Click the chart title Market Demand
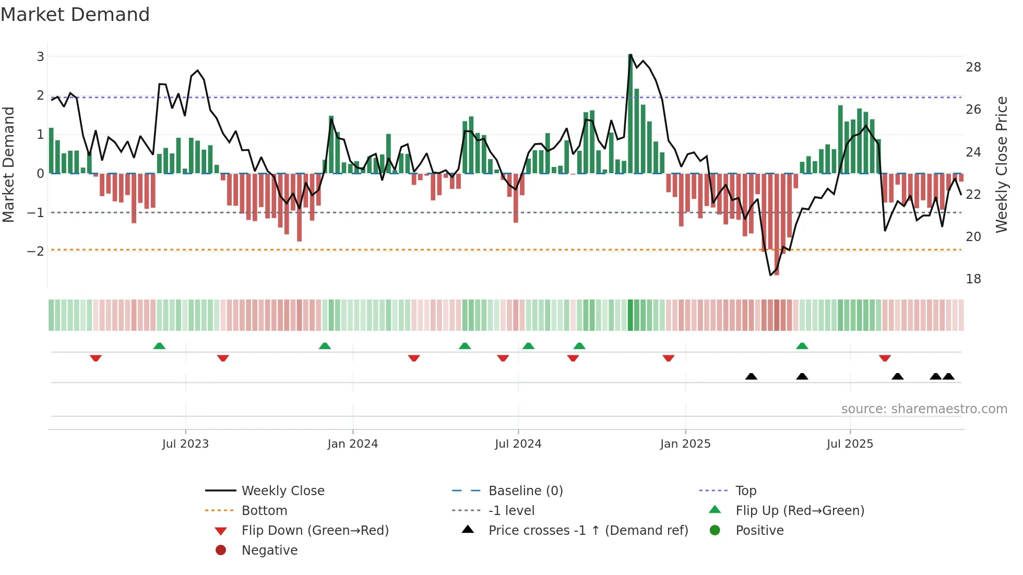tap(75, 15)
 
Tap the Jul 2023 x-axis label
tap(185, 444)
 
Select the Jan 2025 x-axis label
tap(685, 444)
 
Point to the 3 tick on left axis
tap(40, 56)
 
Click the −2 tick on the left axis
tap(36, 251)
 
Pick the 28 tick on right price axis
tap(973, 67)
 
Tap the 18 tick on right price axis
tap(973, 279)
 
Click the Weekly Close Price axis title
tap(1001, 164)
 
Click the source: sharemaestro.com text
tap(924, 409)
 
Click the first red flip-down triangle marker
tap(96, 358)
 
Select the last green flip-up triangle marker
tap(802, 346)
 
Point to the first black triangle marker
tap(751, 376)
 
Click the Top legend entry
tap(745, 491)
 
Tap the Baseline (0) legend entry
tap(525, 491)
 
